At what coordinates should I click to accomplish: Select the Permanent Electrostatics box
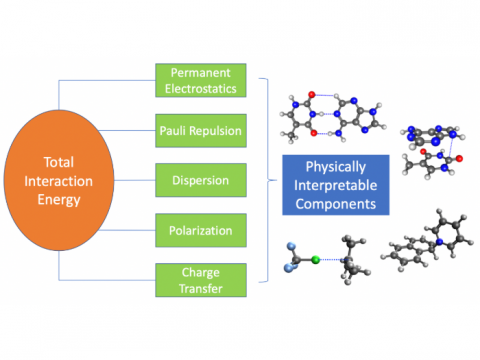point(201,80)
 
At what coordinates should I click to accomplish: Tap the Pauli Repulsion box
point(201,131)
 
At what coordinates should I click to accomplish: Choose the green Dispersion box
point(201,181)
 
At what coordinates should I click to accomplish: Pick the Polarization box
point(201,231)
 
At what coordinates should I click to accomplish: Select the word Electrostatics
point(201,88)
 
